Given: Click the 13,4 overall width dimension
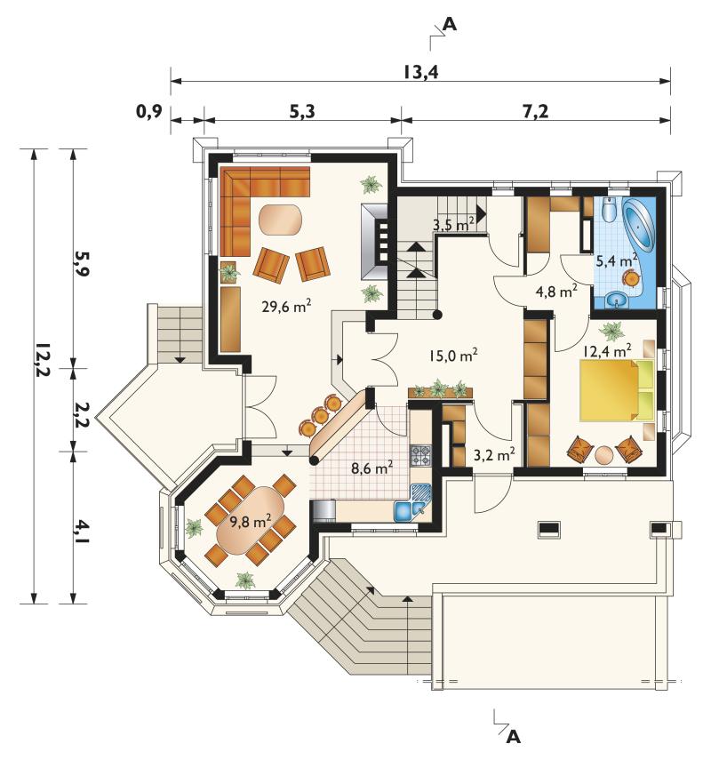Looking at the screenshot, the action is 420,72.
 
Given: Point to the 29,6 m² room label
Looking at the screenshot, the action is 286,306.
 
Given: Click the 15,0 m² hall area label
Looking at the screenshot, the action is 452,355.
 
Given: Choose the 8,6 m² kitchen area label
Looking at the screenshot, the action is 372,468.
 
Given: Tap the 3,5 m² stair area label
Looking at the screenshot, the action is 453,224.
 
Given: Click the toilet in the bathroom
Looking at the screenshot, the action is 609,209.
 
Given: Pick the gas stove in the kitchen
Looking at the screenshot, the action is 420,456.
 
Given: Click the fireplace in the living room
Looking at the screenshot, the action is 375,241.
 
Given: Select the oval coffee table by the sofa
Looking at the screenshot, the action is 281,220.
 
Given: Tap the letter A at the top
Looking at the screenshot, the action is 450,24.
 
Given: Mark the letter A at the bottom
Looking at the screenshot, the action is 513,737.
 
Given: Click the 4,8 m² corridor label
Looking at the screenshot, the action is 556,292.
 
